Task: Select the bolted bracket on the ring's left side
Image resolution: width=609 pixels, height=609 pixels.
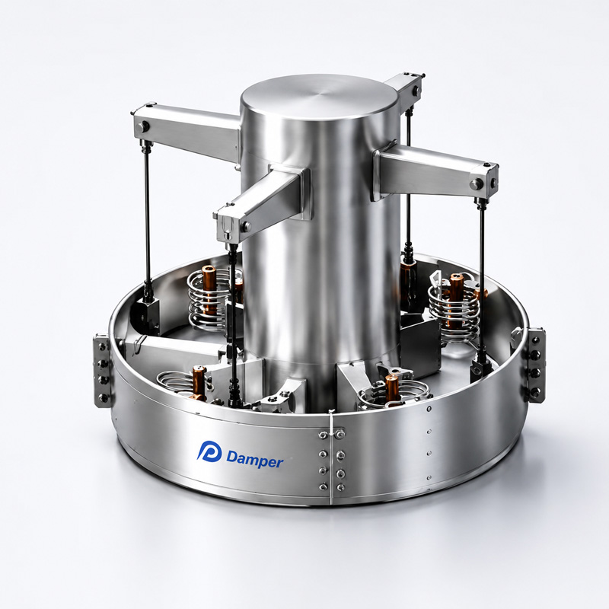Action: [103, 371]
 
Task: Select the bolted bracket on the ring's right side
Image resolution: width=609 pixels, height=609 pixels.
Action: [535, 365]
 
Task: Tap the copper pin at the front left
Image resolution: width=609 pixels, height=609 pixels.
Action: [199, 383]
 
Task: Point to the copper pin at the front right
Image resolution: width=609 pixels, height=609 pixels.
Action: [391, 388]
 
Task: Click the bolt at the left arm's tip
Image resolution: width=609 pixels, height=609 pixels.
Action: [145, 126]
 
